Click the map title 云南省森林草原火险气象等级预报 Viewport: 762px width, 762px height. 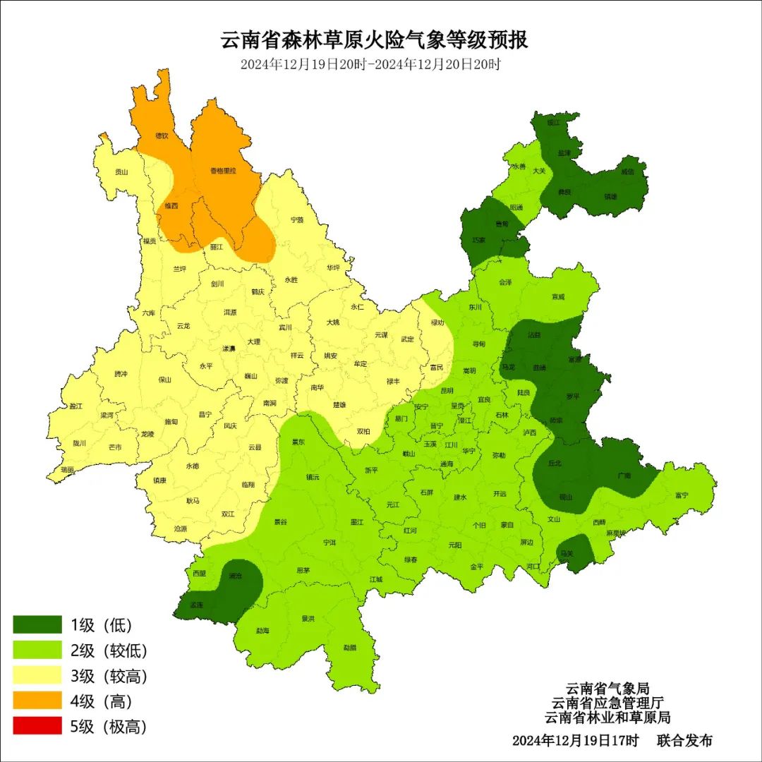pyautogui.click(x=375, y=40)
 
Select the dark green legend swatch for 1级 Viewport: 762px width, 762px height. pyautogui.click(x=37, y=624)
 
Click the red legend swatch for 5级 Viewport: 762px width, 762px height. pyautogui.click(x=37, y=726)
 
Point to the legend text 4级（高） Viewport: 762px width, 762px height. pyautogui.click(x=102, y=701)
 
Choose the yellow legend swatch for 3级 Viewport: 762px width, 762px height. pyautogui.click(x=37, y=676)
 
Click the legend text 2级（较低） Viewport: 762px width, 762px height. pyautogui.click(x=108, y=651)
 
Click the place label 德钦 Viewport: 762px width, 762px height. pyautogui.click(x=162, y=135)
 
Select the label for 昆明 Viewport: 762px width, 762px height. pyautogui.click(x=447, y=390)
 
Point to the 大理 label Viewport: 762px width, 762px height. pyautogui.click(x=253, y=341)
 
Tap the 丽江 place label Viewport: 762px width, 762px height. pyautogui.click(x=217, y=247)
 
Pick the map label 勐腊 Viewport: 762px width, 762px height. pyautogui.click(x=350, y=647)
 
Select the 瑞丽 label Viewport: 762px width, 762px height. pyautogui.click(x=68, y=469)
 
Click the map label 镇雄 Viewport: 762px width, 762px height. pyautogui.click(x=610, y=197)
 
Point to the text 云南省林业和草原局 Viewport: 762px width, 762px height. pyautogui.click(x=607, y=718)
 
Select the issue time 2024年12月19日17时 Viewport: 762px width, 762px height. pyautogui.click(x=575, y=741)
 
